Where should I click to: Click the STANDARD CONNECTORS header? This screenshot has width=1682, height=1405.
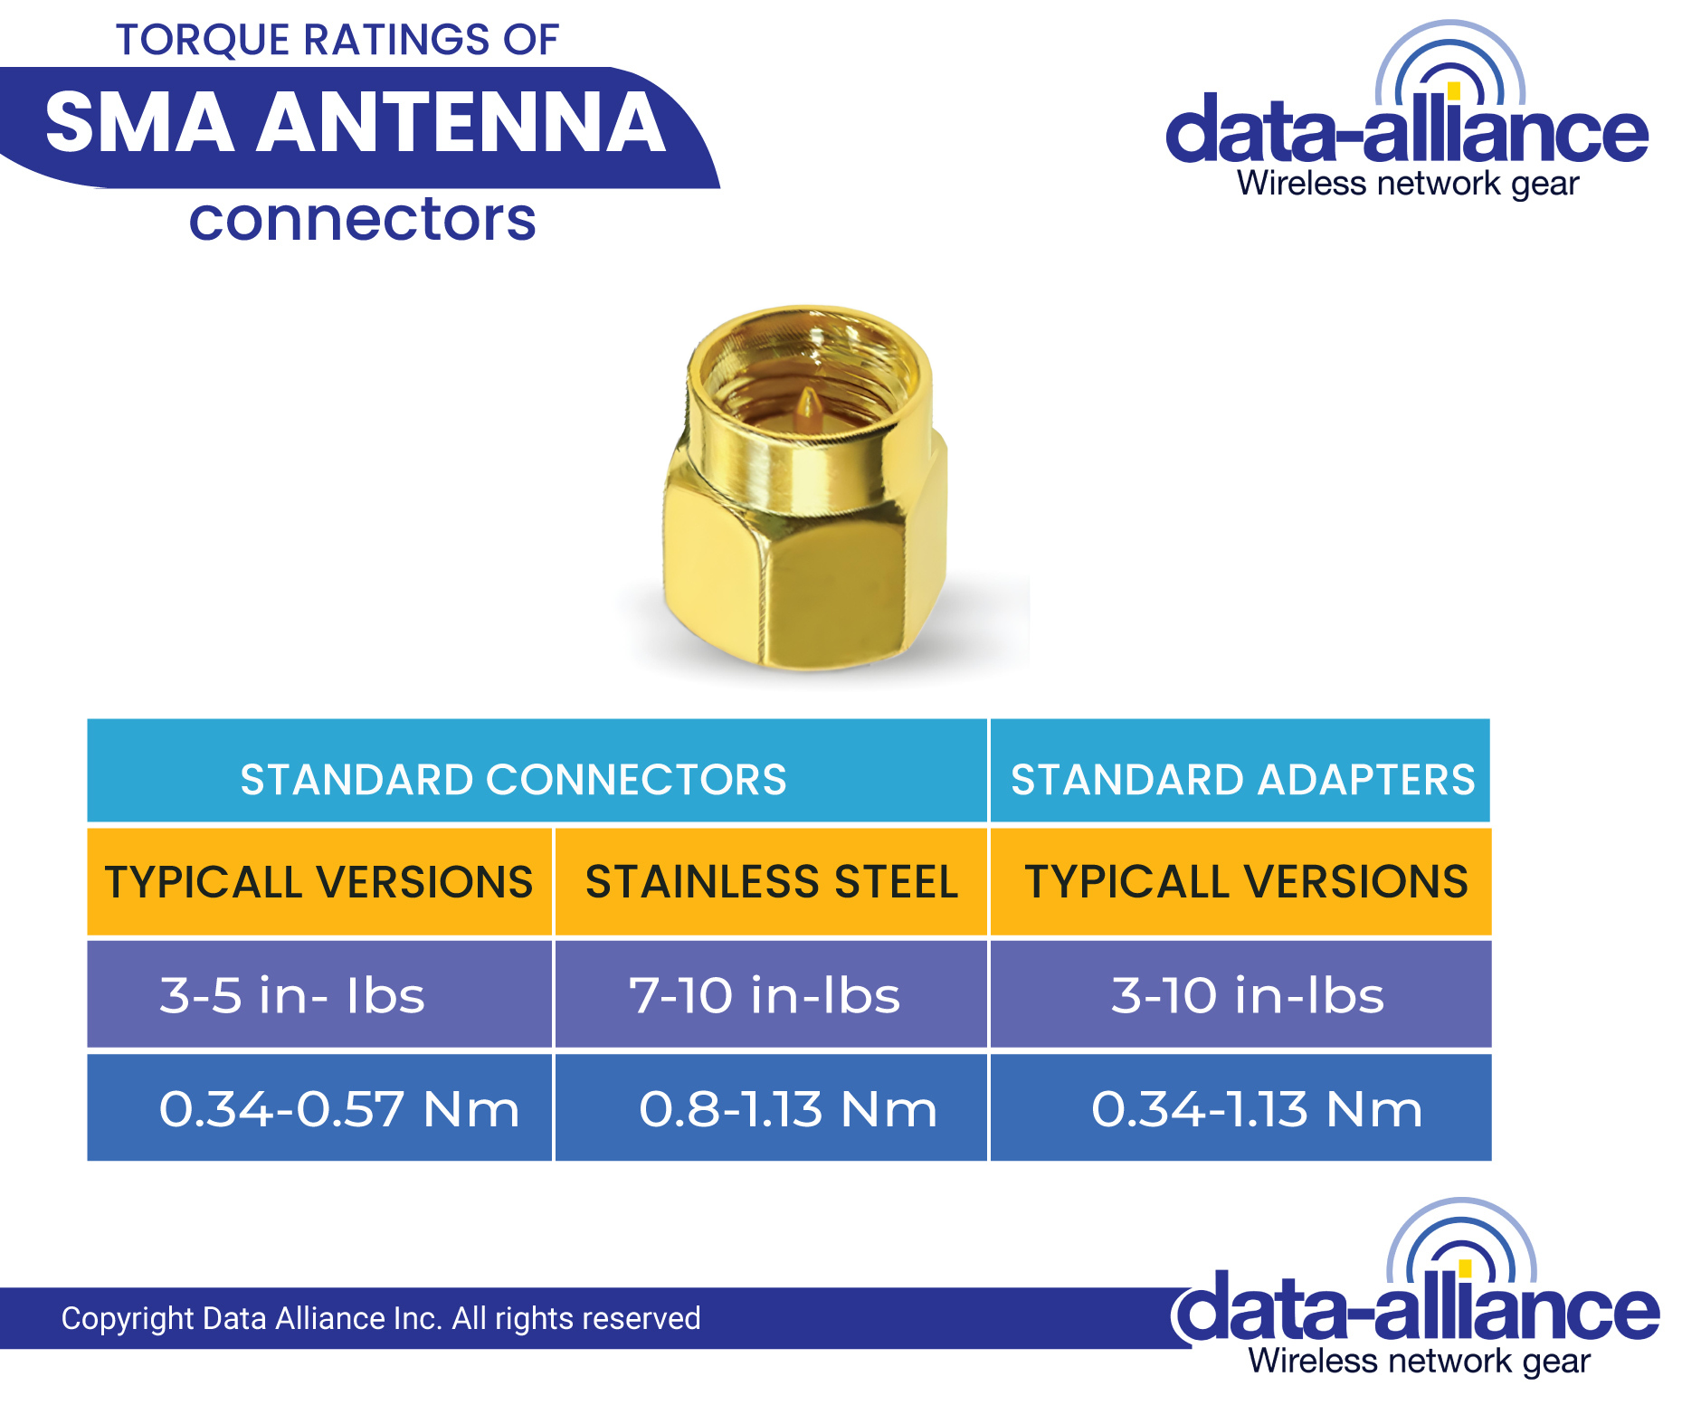tap(513, 779)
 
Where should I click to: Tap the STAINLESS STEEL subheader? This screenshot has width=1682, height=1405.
tap(771, 882)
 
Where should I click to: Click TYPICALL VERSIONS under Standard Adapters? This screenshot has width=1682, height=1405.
tap(1246, 882)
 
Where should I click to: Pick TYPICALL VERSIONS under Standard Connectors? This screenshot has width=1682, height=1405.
tap(318, 882)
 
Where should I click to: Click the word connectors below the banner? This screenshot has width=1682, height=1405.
tap(362, 220)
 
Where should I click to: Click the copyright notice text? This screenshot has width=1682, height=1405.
tap(380, 1318)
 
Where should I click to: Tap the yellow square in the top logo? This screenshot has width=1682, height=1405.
tap(1453, 90)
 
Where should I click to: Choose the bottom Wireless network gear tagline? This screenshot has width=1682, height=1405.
tap(1419, 1361)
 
